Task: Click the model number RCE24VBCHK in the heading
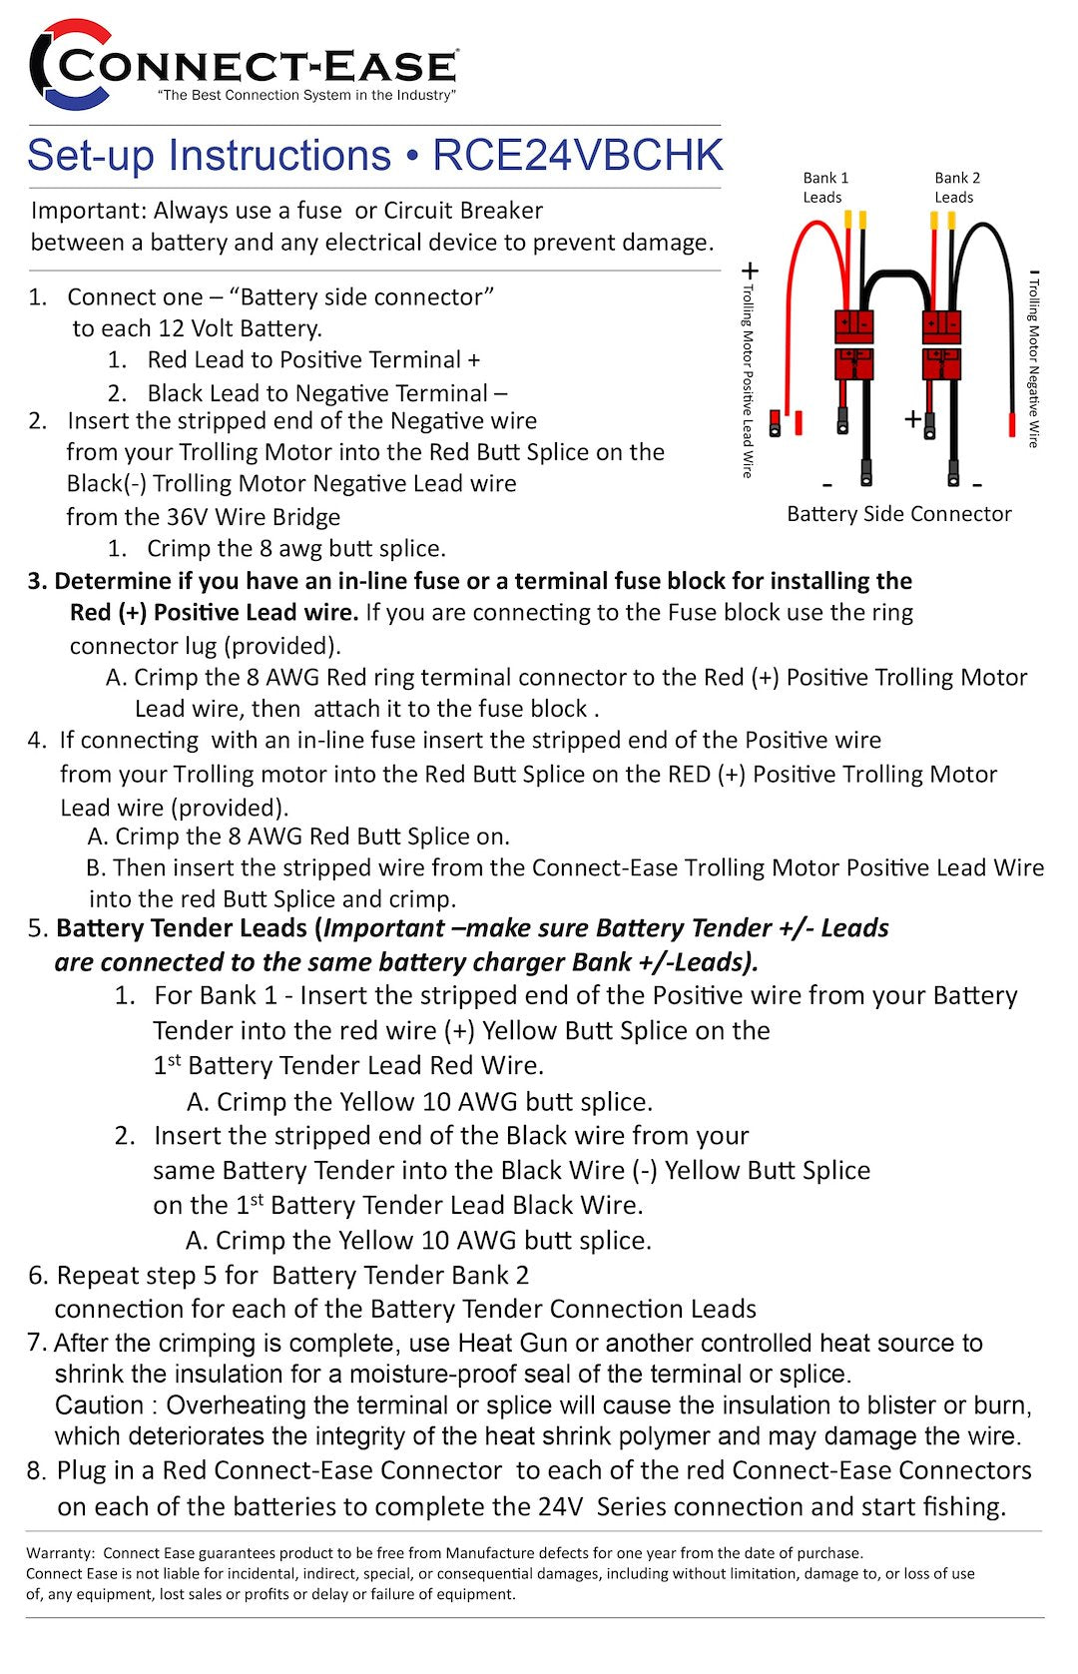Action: [x=577, y=155]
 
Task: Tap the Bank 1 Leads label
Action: [x=824, y=187]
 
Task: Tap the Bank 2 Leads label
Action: [x=956, y=187]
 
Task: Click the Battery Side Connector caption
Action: [x=898, y=514]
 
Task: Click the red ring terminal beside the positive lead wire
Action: [x=777, y=421]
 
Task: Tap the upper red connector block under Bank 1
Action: [x=853, y=325]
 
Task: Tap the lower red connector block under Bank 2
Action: [x=941, y=363]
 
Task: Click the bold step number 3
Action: [x=37, y=582]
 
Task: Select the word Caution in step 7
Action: [x=99, y=1405]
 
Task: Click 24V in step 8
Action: [x=560, y=1506]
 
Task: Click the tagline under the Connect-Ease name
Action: [x=306, y=96]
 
